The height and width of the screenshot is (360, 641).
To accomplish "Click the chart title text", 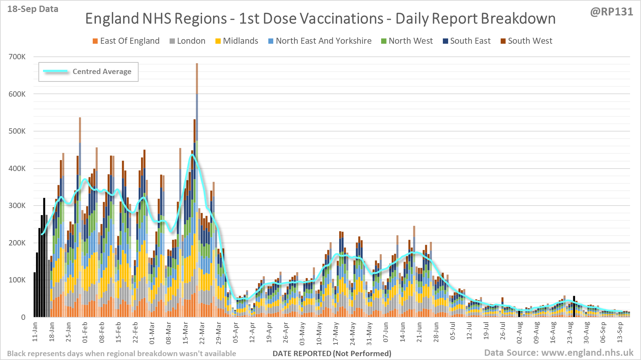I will pyautogui.click(x=320, y=19).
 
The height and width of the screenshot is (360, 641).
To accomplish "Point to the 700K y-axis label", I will pyautogui.click(x=17, y=57).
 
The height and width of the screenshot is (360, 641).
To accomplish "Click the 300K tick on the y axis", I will pyautogui.click(x=17, y=206).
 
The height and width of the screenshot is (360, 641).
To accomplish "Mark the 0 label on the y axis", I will pyautogui.click(x=23, y=317).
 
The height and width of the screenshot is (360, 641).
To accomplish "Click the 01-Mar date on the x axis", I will pyautogui.click(x=152, y=332).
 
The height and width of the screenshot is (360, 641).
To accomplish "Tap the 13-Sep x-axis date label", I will pyautogui.click(x=619, y=332).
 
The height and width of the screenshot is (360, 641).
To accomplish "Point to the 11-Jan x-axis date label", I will pyautogui.click(x=35, y=332).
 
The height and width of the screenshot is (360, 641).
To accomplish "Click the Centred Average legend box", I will pyautogui.click(x=88, y=72).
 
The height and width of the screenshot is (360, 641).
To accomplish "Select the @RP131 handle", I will pyautogui.click(x=611, y=12).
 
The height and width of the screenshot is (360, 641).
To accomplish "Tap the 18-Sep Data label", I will pyautogui.click(x=33, y=9).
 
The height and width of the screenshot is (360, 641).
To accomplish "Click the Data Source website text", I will pyautogui.click(x=558, y=353).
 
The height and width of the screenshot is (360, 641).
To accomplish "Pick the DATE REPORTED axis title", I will pyautogui.click(x=332, y=353).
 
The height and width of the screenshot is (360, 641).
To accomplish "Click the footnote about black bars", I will pyautogui.click(x=122, y=353).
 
